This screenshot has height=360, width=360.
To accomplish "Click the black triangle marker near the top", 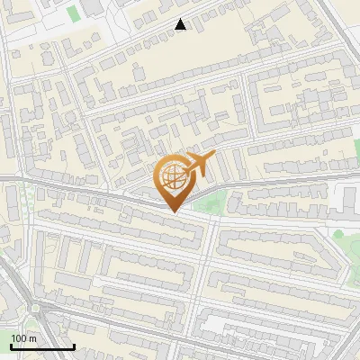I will (181, 24).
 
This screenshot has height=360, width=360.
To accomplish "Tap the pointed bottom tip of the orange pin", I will (172, 211).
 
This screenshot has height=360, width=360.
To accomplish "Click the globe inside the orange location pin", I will (172, 177).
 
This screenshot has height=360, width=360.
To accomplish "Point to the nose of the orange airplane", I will (214, 156).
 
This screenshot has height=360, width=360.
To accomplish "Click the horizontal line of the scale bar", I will (42, 346).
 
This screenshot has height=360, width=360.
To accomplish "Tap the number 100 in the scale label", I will (19, 338).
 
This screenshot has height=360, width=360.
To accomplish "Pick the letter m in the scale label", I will (32, 338).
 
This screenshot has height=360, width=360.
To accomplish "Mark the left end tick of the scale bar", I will (11, 345).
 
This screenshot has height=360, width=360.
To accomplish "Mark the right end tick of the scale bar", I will (74, 345).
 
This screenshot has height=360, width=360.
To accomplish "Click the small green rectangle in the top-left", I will (73, 13).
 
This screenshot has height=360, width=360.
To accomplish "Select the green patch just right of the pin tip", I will (209, 203).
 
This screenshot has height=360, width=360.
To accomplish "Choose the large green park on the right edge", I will (346, 238).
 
